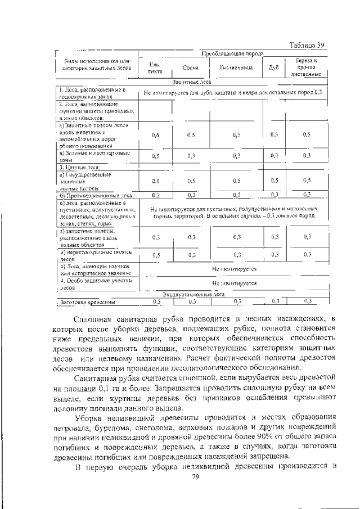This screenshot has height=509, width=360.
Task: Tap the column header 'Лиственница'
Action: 236,67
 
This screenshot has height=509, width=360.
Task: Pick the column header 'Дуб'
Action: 274,67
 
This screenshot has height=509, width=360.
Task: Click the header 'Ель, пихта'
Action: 155,67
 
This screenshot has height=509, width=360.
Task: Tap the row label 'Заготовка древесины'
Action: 88,302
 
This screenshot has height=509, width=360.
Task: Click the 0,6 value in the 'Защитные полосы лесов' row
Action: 155,135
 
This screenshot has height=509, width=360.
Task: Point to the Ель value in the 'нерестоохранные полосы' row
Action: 155,255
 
